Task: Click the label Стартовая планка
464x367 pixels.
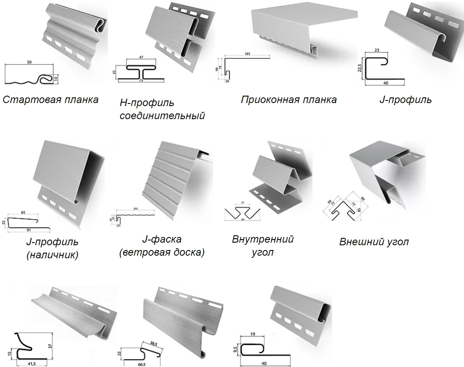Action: point(50,100)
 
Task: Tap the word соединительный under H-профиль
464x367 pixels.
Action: point(162,116)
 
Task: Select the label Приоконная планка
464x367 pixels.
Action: point(289,100)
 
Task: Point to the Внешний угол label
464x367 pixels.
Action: point(374,242)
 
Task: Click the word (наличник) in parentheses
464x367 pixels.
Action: point(52,255)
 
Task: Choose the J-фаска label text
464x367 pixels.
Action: point(161,239)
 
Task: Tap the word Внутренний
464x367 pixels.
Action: point(262,239)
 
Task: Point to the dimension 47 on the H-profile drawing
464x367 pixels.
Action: point(141,57)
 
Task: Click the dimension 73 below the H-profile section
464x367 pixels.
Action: point(141,81)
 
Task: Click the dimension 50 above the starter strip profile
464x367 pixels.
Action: point(29,63)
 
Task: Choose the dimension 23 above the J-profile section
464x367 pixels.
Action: point(377,50)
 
